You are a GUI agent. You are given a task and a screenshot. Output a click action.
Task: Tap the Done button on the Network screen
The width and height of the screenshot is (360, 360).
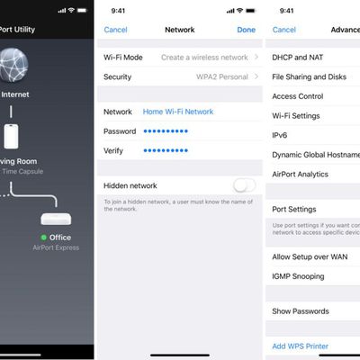click(246, 30)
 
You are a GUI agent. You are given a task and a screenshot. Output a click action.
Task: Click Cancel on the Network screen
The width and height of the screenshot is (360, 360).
click(115, 30)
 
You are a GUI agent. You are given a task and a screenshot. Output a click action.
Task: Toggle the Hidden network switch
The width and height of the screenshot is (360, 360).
click(244, 185)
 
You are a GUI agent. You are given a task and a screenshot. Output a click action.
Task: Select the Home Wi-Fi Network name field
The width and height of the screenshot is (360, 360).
click(178, 112)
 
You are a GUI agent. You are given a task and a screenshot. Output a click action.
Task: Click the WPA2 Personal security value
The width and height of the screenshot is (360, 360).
click(214, 77)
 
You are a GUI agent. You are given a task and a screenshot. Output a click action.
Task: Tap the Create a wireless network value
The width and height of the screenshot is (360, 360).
click(203, 58)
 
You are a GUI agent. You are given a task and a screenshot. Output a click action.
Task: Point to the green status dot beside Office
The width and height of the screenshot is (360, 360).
click(43, 238)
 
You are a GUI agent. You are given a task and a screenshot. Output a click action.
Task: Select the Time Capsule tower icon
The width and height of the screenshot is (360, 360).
click(12, 136)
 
